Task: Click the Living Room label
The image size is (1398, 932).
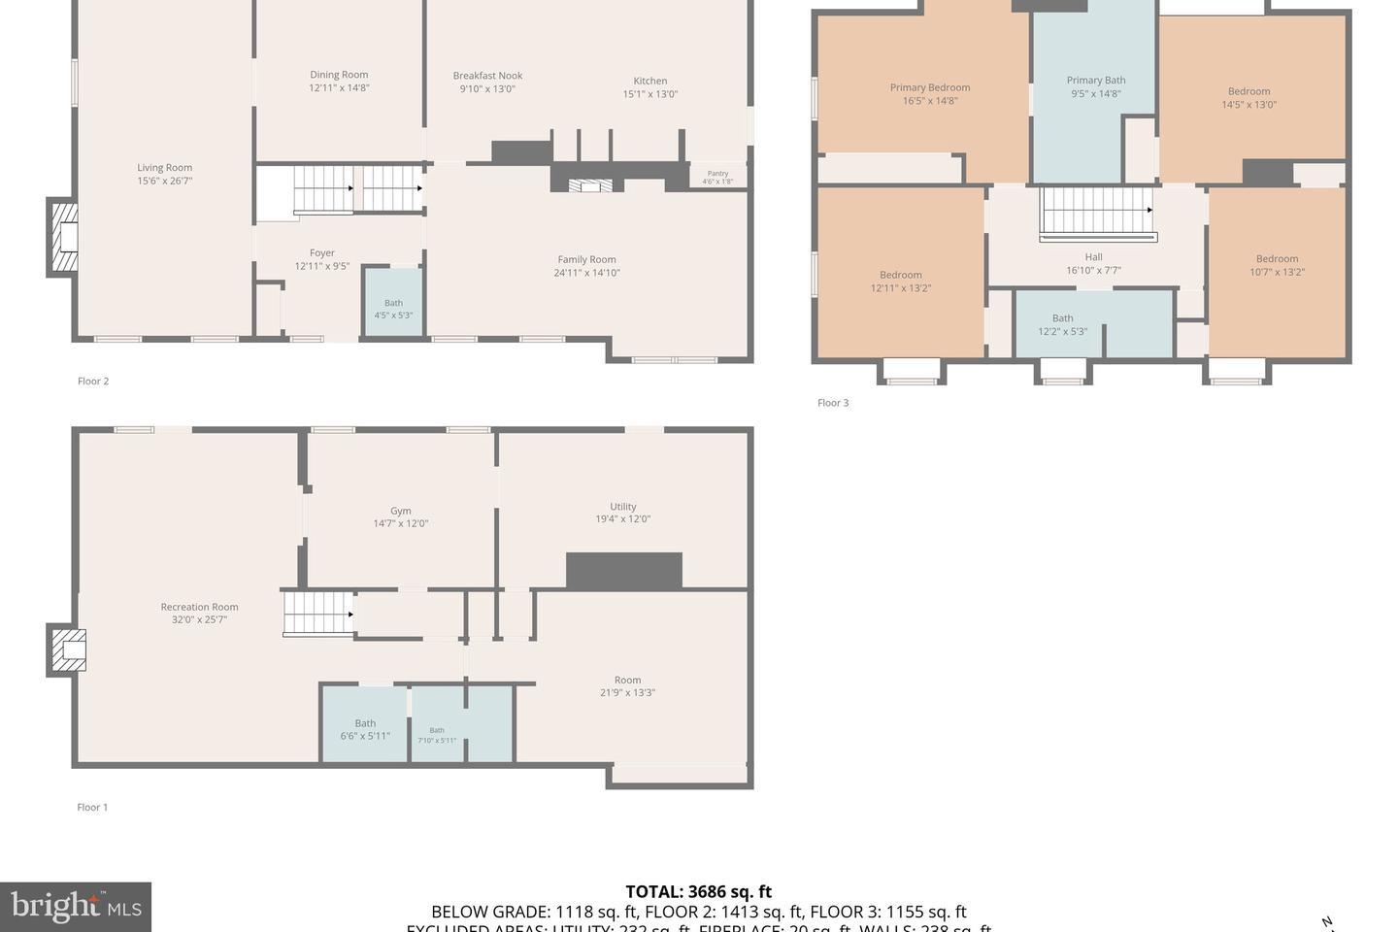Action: (x=164, y=168)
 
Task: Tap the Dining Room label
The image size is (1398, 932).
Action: (x=339, y=75)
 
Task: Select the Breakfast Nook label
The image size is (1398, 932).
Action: (x=487, y=76)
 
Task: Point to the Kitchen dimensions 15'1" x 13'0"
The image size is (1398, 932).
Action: (x=649, y=94)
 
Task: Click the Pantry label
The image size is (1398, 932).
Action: (x=717, y=174)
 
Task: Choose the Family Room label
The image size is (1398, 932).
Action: (x=586, y=259)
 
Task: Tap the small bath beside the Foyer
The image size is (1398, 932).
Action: (x=393, y=308)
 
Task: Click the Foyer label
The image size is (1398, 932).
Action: (x=321, y=253)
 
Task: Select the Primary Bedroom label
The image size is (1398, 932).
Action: (x=929, y=87)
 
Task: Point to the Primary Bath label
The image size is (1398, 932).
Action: (x=1095, y=81)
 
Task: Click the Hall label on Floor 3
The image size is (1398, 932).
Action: (x=1093, y=257)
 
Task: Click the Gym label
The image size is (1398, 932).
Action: (x=400, y=511)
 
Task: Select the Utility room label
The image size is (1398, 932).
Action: (x=622, y=507)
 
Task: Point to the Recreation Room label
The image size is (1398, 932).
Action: (x=199, y=607)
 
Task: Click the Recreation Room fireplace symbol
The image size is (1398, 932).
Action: (x=67, y=650)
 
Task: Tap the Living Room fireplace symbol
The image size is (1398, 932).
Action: (x=64, y=238)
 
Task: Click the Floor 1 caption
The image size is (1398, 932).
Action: (x=92, y=807)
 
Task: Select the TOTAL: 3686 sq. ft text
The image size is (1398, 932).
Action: (x=698, y=891)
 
